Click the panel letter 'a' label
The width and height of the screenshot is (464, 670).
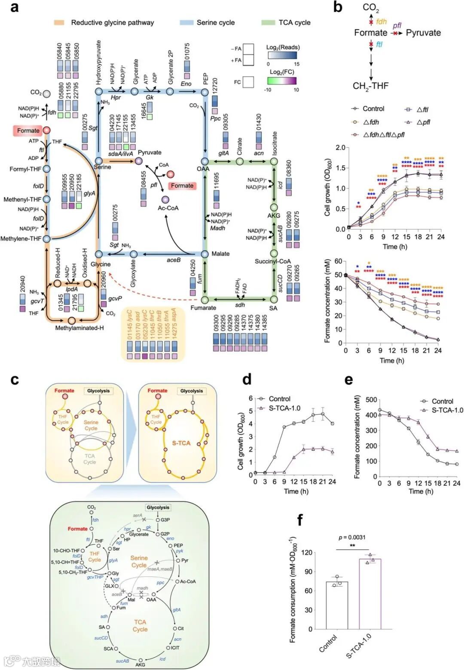[x=14, y=7]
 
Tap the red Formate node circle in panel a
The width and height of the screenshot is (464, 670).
[x=46, y=130]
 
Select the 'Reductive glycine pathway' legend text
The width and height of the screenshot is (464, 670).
[x=112, y=22]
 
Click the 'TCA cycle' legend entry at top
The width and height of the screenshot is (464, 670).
[x=294, y=22]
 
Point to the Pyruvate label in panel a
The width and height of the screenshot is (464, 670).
[x=150, y=152]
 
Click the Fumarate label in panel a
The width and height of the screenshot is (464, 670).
[x=204, y=308]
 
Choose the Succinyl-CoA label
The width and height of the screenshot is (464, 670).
[x=272, y=261]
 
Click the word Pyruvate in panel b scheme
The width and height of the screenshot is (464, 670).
[x=423, y=33]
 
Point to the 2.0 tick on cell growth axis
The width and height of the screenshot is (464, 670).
[x=340, y=148]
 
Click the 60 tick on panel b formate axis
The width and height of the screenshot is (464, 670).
[x=339, y=261]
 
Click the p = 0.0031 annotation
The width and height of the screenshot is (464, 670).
[x=352, y=537]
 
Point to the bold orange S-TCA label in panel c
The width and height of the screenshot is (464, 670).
[x=181, y=443]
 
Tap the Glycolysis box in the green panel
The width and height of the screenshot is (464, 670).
[x=158, y=507]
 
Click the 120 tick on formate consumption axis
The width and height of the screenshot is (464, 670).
[x=307, y=552]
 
